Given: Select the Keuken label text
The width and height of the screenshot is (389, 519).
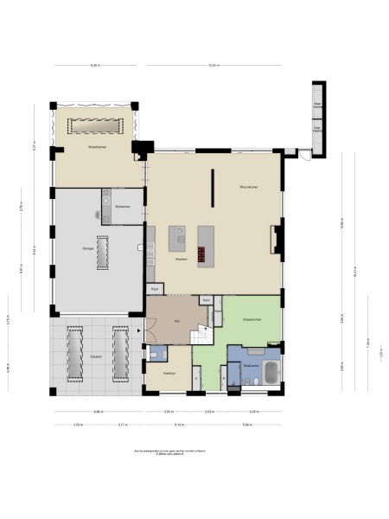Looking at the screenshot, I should pyautogui.click(x=181, y=259).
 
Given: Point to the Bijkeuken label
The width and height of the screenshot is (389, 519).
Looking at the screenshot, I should pyautogui.click(x=121, y=207).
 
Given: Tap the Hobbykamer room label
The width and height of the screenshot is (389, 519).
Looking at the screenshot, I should pyautogui.click(x=95, y=149).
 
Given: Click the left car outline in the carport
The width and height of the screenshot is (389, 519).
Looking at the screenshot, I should pyautogui.click(x=74, y=353).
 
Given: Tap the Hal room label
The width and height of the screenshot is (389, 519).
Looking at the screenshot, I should pyautogui.click(x=176, y=319).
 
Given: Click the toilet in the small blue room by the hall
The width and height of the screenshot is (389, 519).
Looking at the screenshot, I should pyautogui.click(x=153, y=355).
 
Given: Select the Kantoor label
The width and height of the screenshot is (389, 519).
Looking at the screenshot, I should pyautogui.click(x=169, y=373).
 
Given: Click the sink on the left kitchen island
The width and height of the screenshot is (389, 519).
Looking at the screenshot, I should pyautogui.click(x=178, y=233).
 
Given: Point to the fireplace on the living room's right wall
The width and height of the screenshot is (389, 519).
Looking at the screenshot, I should pyautogui.click(x=277, y=240).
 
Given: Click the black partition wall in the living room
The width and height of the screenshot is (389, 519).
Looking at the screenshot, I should pyautogui.click(x=213, y=186).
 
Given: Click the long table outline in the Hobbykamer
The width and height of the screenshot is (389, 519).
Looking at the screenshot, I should pyautogui.click(x=93, y=126).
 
